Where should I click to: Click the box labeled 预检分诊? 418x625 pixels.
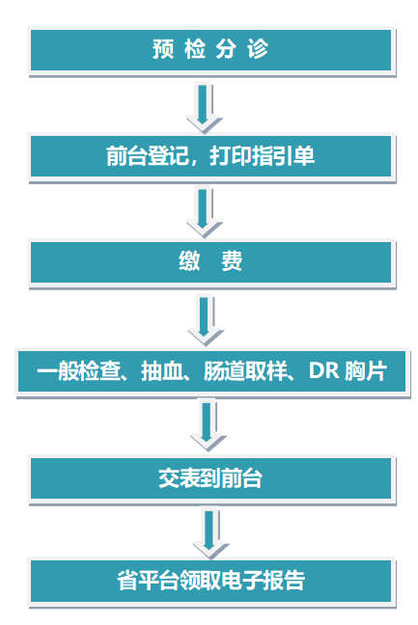click(x=211, y=50)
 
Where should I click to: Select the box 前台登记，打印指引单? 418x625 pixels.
click(x=211, y=156)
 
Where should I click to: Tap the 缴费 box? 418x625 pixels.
click(x=211, y=262)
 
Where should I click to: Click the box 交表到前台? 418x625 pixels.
click(x=211, y=478)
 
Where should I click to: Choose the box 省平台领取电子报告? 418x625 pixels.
click(x=211, y=581)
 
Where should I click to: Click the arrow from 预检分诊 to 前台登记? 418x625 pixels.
click(x=204, y=107)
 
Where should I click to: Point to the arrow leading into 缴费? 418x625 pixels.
click(x=204, y=213)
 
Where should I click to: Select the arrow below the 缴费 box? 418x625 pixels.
click(x=205, y=320)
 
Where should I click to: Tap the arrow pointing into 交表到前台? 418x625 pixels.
click(x=208, y=425)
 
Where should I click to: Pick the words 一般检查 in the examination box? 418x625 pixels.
click(x=78, y=371)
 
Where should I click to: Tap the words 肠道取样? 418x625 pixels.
click(x=245, y=371)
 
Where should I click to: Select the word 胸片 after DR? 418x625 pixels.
click(x=365, y=371)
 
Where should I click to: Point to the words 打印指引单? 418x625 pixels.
click(x=262, y=156)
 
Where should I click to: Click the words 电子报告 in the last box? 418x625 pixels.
click(x=263, y=581)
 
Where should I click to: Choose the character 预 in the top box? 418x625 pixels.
click(x=163, y=49)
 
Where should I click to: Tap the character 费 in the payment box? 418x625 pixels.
click(x=232, y=262)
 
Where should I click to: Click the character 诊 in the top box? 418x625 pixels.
click(x=258, y=49)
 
